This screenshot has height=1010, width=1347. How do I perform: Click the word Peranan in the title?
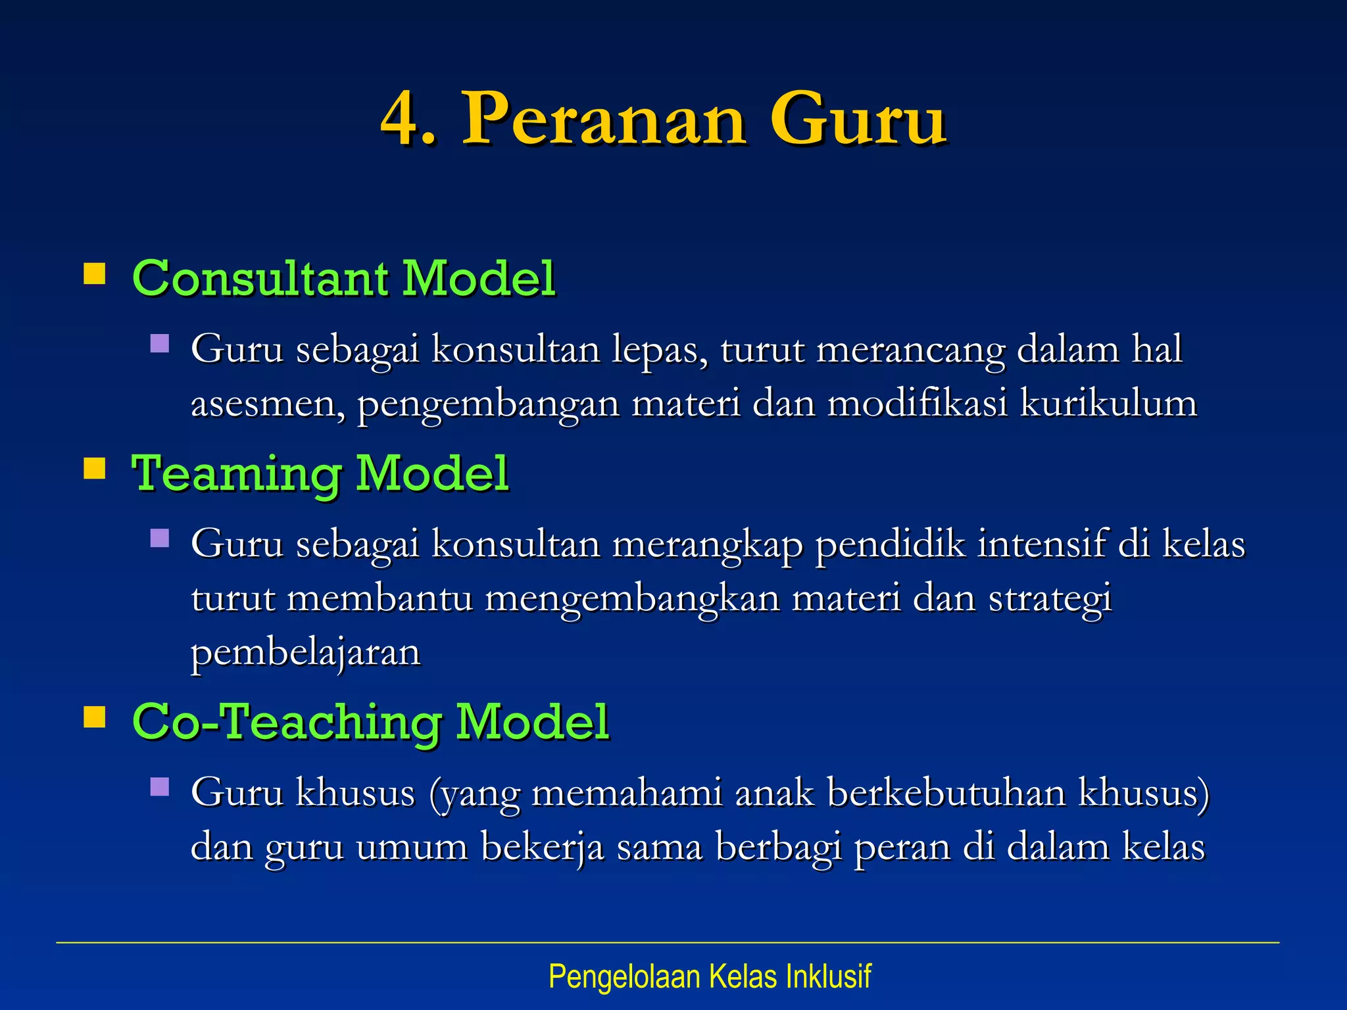coord(604,120)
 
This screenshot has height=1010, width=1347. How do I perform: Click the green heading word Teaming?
coord(236,474)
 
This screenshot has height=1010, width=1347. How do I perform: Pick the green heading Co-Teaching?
coord(287,722)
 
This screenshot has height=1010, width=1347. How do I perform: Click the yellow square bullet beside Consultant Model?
coord(95,274)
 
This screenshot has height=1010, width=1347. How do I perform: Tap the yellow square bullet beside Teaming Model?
coord(95,469)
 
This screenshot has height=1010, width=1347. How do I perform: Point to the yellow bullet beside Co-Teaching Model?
coord(95,717)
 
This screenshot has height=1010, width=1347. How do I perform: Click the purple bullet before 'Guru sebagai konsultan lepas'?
coord(160,344)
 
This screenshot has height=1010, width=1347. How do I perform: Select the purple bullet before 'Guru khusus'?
coord(160,787)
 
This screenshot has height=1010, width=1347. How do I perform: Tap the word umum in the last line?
coord(412,847)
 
